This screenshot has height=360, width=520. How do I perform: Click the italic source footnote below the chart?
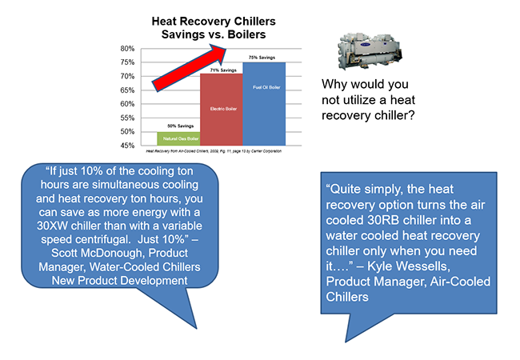pyautogui.click(x=216, y=150)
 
